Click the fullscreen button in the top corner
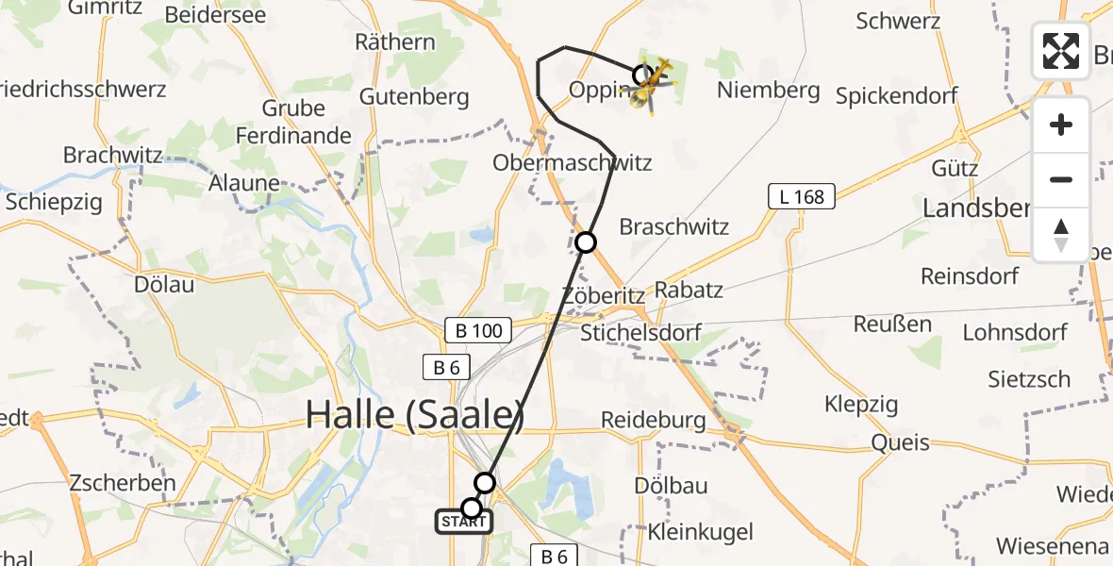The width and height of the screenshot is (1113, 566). (1061, 51)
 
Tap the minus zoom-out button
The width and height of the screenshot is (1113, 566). (1061, 179)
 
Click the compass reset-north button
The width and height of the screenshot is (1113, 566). (1061, 235)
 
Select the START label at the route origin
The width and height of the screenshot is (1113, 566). (463, 522)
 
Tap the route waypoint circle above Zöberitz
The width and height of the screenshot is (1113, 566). (586, 242)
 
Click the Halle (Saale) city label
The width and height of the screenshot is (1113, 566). (415, 414)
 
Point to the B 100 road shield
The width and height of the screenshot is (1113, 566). (478, 330)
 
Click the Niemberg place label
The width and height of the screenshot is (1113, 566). (768, 91)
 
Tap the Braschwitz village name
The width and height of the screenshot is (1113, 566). (673, 227)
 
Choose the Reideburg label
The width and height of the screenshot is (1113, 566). (653, 419)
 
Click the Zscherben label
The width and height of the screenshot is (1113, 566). (123, 483)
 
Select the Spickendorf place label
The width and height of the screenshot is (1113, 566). (896, 95)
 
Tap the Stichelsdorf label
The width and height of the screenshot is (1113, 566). (640, 333)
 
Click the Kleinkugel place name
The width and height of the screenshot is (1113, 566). (701, 532)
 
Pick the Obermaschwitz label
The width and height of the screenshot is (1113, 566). (572, 162)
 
